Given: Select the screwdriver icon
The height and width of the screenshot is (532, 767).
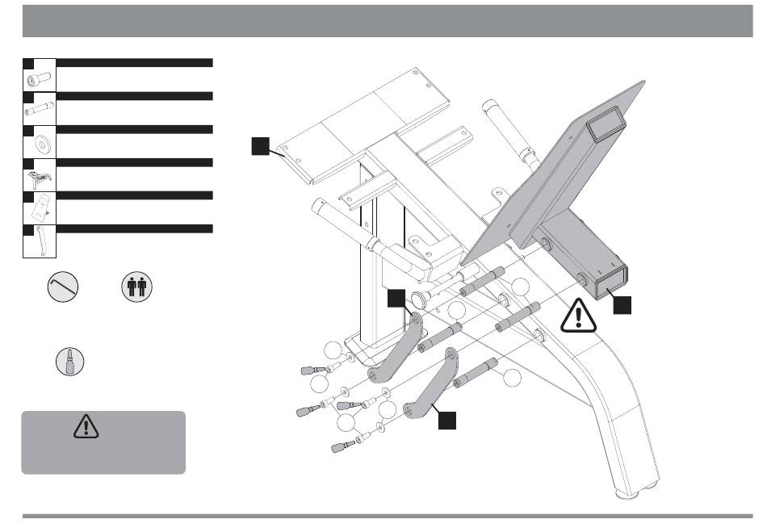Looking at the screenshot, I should point(70,359).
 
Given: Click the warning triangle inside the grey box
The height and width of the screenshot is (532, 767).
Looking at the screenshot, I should point(84,427).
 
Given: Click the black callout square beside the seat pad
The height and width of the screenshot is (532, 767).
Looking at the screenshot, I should point(258,145).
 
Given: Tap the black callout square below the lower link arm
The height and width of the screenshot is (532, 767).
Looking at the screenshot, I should point(446,420).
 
